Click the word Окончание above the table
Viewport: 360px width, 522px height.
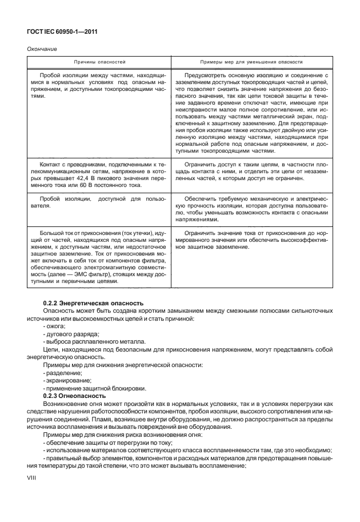(x=42, y=49)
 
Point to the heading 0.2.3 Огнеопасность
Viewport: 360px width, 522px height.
(x=74, y=396)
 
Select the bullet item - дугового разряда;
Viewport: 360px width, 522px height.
(x=66, y=333)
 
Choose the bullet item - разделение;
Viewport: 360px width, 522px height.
(x=59, y=372)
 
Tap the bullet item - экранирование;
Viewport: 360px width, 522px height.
(x=63, y=380)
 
